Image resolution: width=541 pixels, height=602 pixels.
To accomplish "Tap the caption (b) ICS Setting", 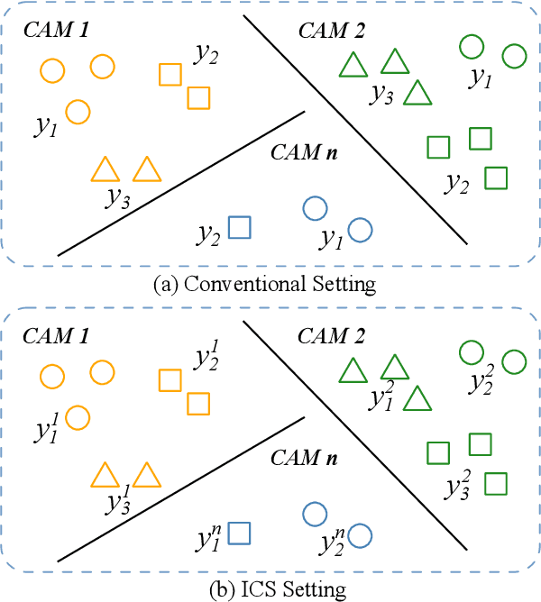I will (x=264, y=590).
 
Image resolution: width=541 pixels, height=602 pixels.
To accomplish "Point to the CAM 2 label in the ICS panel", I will (x=330, y=336).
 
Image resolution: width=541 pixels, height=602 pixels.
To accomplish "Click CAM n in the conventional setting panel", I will (x=305, y=152).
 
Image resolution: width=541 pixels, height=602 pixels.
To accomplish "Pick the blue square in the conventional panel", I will (x=239, y=228).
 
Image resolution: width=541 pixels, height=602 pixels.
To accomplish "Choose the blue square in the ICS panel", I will (x=239, y=534).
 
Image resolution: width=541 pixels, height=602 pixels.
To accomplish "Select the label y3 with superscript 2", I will (x=457, y=486).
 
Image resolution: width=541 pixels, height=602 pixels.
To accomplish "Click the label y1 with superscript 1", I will (x=48, y=429).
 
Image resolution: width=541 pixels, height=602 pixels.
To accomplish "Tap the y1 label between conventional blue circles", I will (x=331, y=239).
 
